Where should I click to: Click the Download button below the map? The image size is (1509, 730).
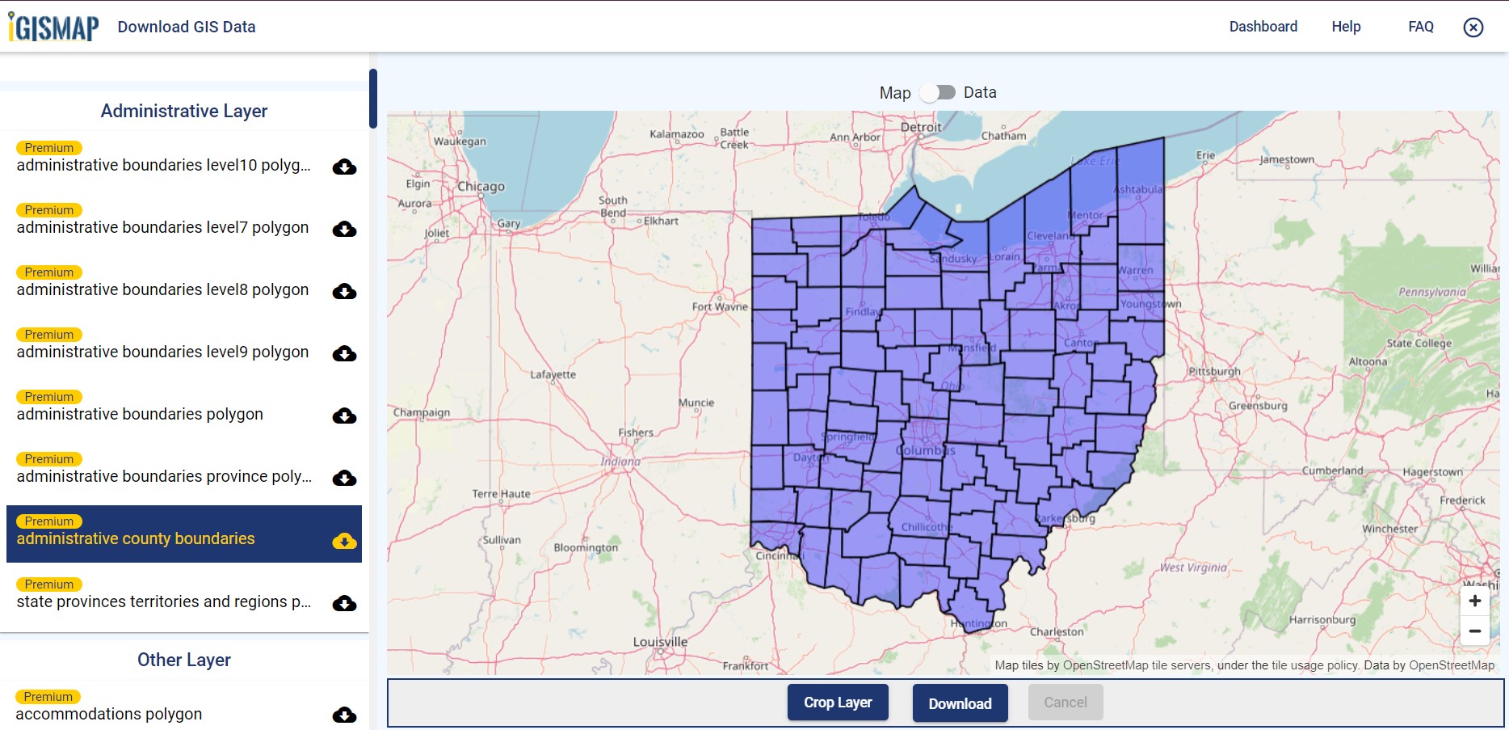960,703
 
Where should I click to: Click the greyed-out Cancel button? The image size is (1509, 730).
1065,703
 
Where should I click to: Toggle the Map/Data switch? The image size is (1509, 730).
938,92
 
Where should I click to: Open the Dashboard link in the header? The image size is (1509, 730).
1263,27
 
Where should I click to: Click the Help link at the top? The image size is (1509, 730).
1346,27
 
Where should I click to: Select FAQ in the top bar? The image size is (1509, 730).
1420,27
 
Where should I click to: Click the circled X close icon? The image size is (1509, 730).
1473,27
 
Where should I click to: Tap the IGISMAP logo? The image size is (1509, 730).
54,27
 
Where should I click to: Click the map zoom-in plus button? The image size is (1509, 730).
1474,601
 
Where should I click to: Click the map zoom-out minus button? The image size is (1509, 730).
1474,631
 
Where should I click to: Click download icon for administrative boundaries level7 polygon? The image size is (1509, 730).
345,229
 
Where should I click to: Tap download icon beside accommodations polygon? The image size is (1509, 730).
345,715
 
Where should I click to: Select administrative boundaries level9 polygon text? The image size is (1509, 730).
162,352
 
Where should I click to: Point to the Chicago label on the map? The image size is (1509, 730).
481,187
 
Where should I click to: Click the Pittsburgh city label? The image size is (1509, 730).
1214,371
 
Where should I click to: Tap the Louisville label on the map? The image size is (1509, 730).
660,642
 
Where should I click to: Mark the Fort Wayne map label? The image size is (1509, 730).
719,306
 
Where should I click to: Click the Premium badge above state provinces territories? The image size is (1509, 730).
48,584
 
